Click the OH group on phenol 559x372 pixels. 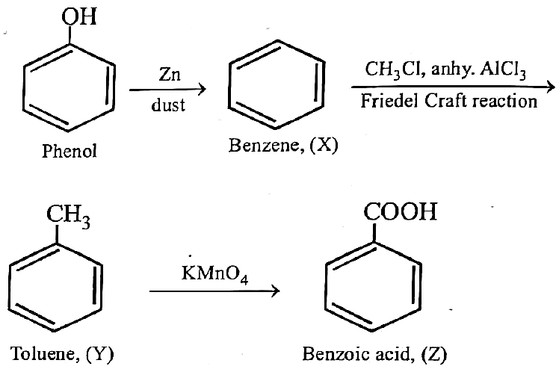point(78,16)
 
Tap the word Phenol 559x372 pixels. point(70,151)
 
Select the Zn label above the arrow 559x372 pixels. point(170,75)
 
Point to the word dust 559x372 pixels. point(168,105)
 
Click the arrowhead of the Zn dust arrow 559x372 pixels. point(202,89)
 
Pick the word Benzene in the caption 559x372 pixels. point(264,146)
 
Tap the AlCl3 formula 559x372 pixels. point(503,69)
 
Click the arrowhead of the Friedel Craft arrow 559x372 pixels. point(551,87)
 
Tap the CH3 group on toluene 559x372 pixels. point(68,215)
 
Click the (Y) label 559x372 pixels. point(100,354)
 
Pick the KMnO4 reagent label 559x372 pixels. point(214,274)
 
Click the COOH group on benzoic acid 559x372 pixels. point(400,211)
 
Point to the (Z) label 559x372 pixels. point(434,354)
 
